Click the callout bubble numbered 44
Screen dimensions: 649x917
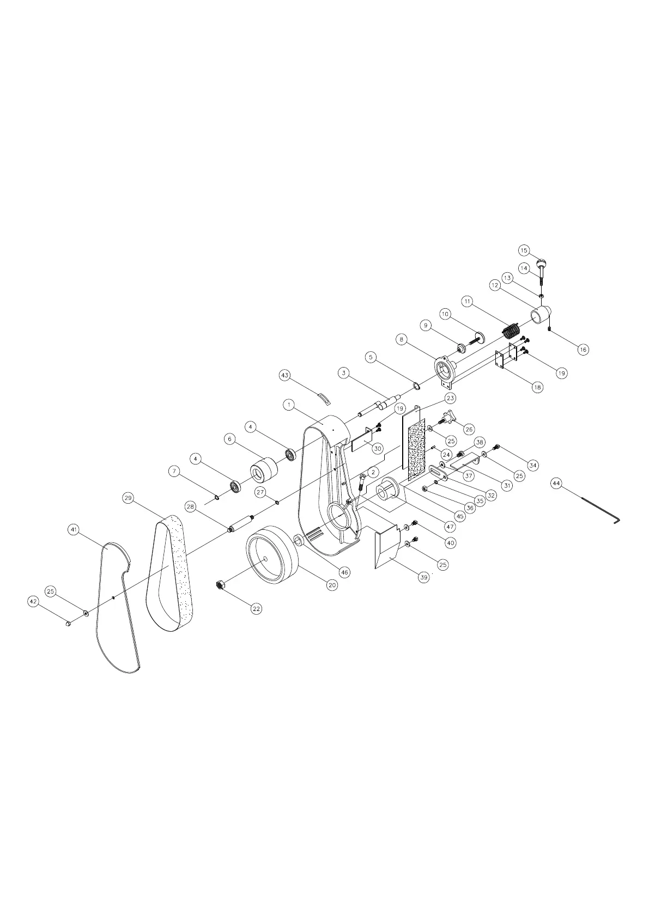click(x=556, y=483)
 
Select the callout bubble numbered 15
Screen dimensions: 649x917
click(x=524, y=250)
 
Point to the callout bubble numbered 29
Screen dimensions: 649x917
click(x=129, y=498)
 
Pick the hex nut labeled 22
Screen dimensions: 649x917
click(x=220, y=585)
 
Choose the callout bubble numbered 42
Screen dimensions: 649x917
click(x=34, y=601)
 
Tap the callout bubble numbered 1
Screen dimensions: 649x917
click(x=289, y=405)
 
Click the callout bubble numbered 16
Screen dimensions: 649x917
click(x=583, y=349)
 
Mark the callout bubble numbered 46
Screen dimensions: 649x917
click(x=344, y=572)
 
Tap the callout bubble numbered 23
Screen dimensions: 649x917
click(x=450, y=398)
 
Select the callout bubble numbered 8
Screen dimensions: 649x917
click(x=402, y=339)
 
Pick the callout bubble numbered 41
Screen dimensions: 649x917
click(x=74, y=529)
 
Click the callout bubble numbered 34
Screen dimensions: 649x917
click(x=533, y=465)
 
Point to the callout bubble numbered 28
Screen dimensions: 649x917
click(x=190, y=506)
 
